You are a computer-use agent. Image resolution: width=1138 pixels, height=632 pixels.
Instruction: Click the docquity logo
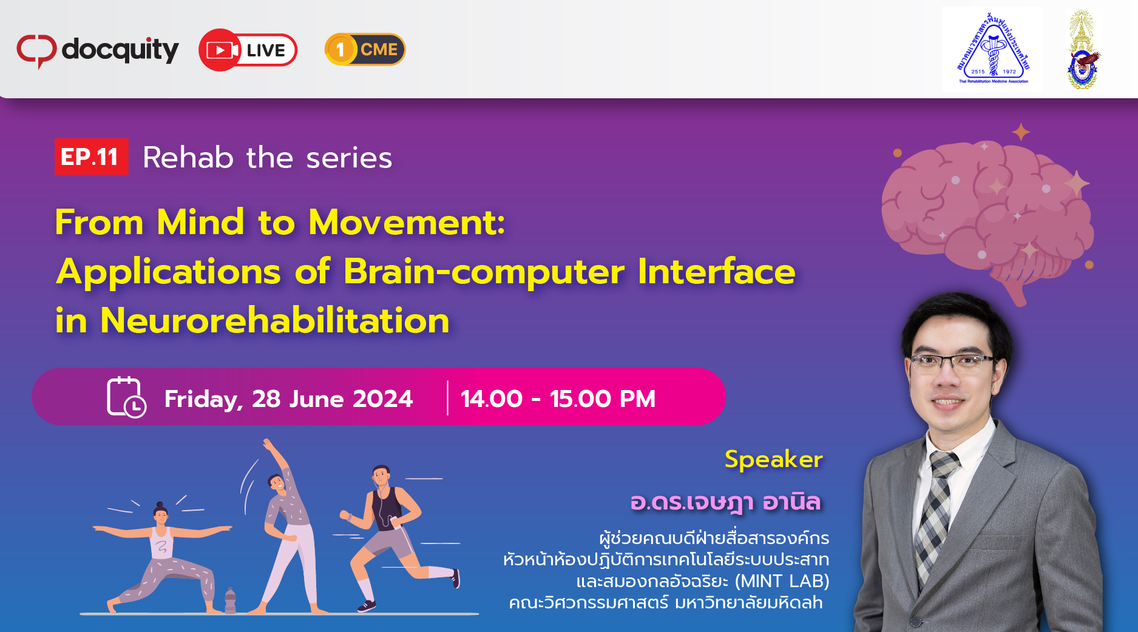click(x=98, y=50)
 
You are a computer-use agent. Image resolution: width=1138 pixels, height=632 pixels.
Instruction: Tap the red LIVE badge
click(x=248, y=50)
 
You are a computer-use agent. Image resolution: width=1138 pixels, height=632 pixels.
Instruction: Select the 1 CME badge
click(x=365, y=49)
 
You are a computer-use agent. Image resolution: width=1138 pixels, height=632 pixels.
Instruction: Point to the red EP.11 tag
click(x=91, y=156)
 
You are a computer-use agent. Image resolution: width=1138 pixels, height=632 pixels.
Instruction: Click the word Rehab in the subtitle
click(x=188, y=158)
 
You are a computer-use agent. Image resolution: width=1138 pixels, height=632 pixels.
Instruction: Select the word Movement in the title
click(x=407, y=222)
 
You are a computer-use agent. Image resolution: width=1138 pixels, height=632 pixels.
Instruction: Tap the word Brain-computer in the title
click(x=484, y=271)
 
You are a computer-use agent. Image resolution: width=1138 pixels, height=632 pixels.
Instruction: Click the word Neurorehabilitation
click(x=275, y=320)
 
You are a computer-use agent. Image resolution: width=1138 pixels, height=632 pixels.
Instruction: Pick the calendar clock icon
click(x=126, y=397)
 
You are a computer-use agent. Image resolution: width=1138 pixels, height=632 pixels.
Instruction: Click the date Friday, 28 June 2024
click(x=288, y=399)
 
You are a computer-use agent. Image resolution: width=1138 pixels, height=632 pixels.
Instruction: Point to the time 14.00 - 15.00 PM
click(x=558, y=398)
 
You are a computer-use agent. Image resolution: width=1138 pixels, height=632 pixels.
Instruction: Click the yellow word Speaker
click(x=774, y=459)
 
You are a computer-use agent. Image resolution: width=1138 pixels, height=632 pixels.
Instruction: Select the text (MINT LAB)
click(x=782, y=581)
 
